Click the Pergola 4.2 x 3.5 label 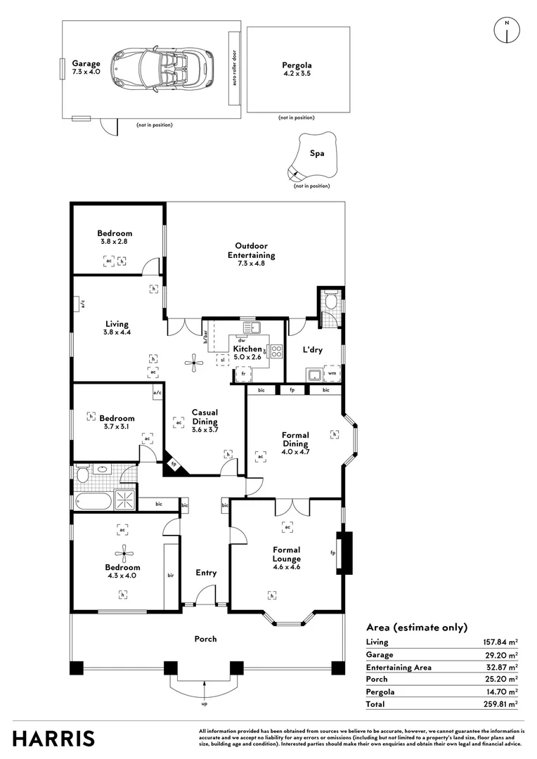coord(297,69)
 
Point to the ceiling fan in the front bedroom coord(122,552)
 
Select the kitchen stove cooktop coord(274,352)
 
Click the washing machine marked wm coord(332,372)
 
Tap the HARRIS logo coord(53,739)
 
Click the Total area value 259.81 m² coord(500,703)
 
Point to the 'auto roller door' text coord(234,68)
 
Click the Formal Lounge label coord(286,554)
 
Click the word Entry coord(206,573)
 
